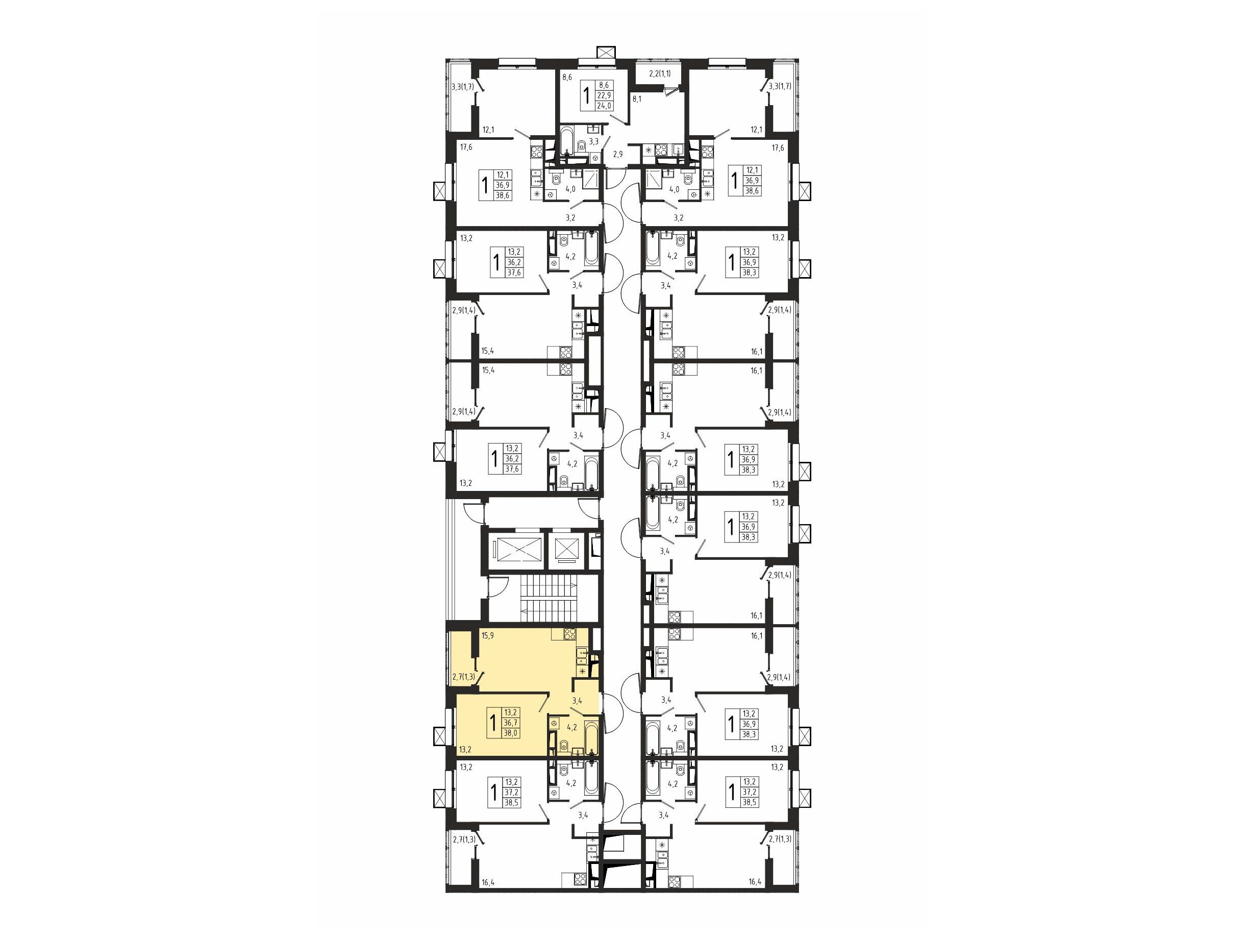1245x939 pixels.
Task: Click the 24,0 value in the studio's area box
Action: coord(604,105)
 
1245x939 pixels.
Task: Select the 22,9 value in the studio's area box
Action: coord(604,95)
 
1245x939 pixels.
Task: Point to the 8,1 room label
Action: coord(637,98)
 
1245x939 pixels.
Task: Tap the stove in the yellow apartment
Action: coord(569,634)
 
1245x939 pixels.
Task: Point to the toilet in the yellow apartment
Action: coord(563,747)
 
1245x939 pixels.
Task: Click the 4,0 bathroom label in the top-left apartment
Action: coord(570,189)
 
